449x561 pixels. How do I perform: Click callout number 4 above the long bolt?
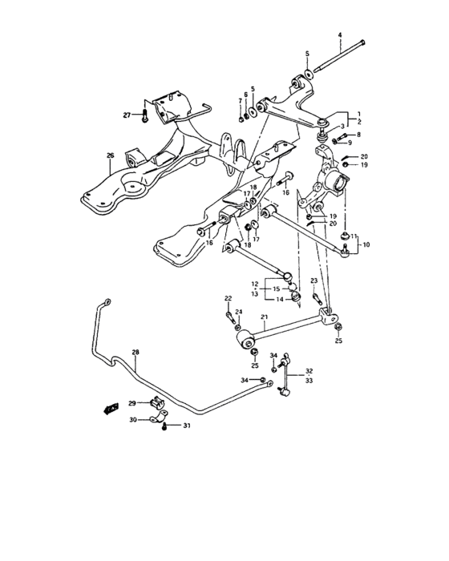(x=339, y=34)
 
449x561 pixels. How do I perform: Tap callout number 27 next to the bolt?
(x=127, y=115)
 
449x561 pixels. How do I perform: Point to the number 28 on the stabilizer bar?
(x=135, y=353)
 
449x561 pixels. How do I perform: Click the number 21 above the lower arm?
(x=263, y=317)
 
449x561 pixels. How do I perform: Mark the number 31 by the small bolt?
(x=188, y=426)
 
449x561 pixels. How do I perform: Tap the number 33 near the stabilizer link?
(x=309, y=382)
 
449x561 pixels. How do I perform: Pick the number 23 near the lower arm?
(x=314, y=280)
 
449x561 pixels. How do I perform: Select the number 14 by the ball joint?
(x=278, y=300)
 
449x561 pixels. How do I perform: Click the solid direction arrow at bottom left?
(x=104, y=409)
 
